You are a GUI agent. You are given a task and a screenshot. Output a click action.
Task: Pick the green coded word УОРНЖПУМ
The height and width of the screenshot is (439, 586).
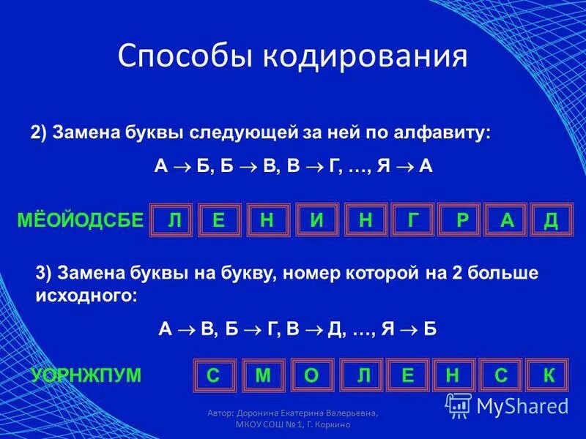click(86, 375)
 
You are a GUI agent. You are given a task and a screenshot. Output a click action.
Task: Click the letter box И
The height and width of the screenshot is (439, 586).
click(316, 221)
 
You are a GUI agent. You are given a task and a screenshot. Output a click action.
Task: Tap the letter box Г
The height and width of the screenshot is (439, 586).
click(410, 221)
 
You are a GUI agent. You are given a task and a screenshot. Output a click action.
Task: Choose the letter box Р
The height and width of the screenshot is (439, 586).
click(461, 221)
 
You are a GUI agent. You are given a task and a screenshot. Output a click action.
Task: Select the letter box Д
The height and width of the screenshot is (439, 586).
click(551, 221)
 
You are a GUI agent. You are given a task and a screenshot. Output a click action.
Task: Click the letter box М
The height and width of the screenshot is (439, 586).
click(264, 375)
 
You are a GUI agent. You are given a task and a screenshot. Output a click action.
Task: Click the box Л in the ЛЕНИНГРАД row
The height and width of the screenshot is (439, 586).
click(174, 221)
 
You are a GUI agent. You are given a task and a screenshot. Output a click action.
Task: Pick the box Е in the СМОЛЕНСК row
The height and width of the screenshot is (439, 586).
click(408, 375)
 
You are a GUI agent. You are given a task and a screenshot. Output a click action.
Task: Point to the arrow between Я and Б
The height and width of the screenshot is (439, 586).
click(410, 329)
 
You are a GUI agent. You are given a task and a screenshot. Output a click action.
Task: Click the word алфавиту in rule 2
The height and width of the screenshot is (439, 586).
click(448, 133)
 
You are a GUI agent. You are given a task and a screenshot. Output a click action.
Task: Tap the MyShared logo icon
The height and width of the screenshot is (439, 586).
click(459, 405)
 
